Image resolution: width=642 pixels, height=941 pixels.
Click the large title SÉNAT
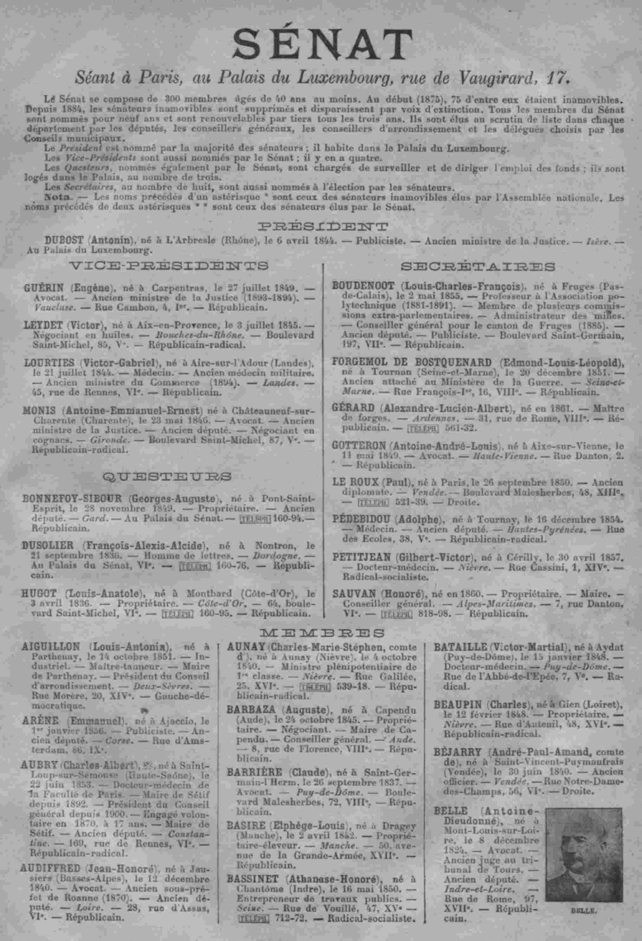pyautogui.click(x=322, y=45)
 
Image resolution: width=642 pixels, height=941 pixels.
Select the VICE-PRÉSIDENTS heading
pyautogui.click(x=169, y=266)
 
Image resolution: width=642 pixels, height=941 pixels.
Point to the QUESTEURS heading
pyautogui.click(x=168, y=476)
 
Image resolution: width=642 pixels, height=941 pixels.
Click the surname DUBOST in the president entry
pyautogui.click(x=64, y=240)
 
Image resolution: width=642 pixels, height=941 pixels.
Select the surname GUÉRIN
pyautogui.click(x=44, y=288)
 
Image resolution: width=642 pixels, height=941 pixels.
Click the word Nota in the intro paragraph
pyautogui.click(x=57, y=197)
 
